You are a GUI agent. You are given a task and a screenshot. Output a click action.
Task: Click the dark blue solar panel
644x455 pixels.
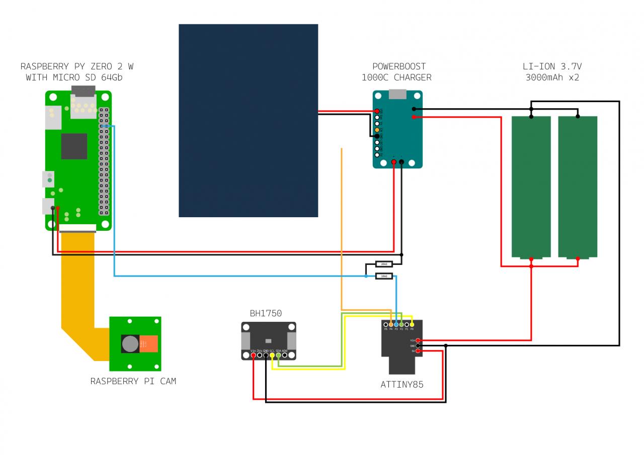(x=248, y=121)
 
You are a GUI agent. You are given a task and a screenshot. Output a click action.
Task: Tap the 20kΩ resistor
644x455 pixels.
(x=384, y=264)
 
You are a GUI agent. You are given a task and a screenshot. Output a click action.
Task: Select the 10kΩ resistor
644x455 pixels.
(x=384, y=276)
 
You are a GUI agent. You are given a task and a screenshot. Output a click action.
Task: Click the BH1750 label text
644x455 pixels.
(x=266, y=313)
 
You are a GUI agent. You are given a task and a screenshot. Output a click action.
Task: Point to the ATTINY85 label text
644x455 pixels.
(x=401, y=385)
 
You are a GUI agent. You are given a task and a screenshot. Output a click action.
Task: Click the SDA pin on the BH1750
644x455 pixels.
(x=278, y=355)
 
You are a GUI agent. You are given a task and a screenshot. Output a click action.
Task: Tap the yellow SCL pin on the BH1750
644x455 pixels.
(x=272, y=355)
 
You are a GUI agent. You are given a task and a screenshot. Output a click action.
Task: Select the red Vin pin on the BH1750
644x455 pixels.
(x=254, y=355)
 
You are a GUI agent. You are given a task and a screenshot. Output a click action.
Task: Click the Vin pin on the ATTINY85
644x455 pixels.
(x=418, y=340)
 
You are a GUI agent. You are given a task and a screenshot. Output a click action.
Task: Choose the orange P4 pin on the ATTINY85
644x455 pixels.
(x=391, y=324)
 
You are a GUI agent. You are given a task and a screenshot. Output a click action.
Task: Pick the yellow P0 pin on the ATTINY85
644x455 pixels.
(x=412, y=324)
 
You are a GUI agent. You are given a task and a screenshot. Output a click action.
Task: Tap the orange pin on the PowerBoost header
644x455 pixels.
(x=377, y=130)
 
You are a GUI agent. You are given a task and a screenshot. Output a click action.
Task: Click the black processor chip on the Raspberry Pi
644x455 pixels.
(x=74, y=146)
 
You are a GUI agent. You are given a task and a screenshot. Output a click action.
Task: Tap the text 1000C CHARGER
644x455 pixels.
(x=396, y=77)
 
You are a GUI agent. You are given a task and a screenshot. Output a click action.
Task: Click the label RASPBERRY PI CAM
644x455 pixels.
(x=133, y=381)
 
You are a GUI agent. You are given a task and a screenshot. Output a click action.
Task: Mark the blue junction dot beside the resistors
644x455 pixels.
(x=366, y=276)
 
